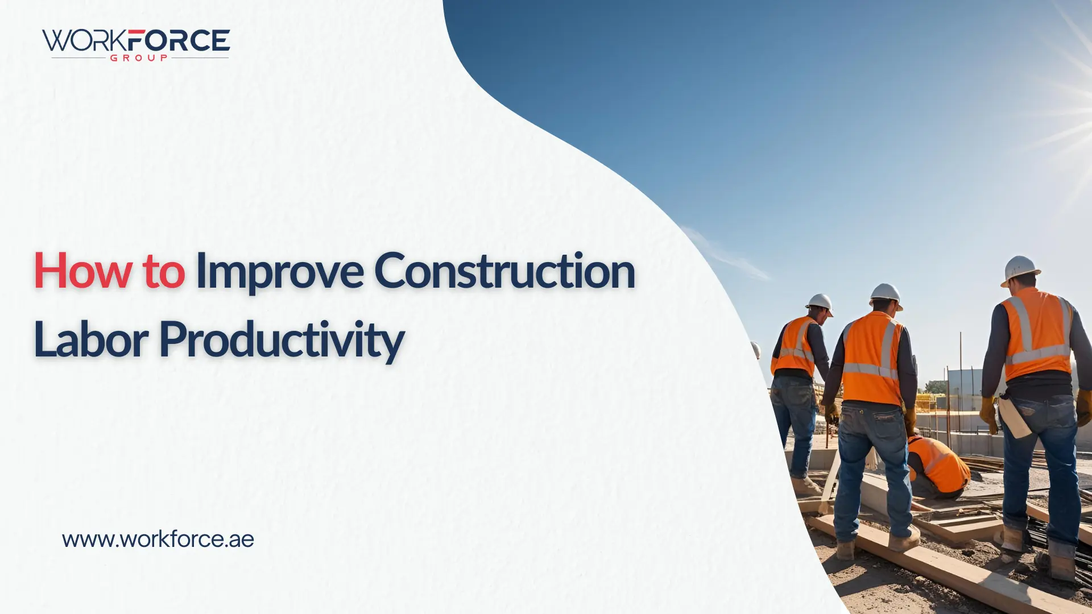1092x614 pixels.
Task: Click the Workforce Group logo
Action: (136, 44)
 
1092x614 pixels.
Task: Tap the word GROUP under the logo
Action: (139, 58)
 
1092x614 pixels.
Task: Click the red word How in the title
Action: (83, 271)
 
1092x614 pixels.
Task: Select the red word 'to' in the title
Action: (164, 272)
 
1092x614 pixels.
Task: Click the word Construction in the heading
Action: (504, 271)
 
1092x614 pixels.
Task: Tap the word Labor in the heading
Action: (91, 339)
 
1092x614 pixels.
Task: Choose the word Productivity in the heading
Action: (282, 341)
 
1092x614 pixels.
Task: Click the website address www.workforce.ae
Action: (158, 539)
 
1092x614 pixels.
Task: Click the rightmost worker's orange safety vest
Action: (1036, 334)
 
